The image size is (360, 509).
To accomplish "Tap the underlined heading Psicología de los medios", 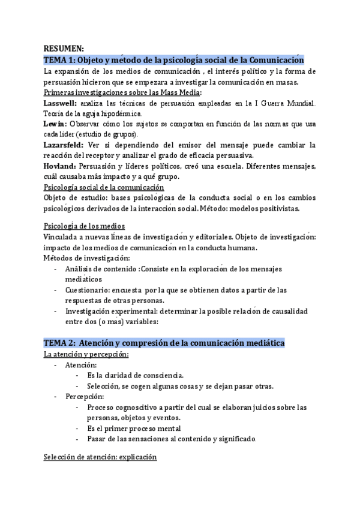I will [x=85, y=226].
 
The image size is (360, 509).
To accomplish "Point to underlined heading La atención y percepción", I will [x=86, y=354].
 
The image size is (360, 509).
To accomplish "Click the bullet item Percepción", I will [x=86, y=397].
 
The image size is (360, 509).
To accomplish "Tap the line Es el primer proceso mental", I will [x=134, y=428].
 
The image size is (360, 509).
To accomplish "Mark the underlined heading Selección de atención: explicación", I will [x=100, y=457].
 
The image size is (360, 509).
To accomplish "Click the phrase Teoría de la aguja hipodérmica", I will [x=91, y=113].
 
